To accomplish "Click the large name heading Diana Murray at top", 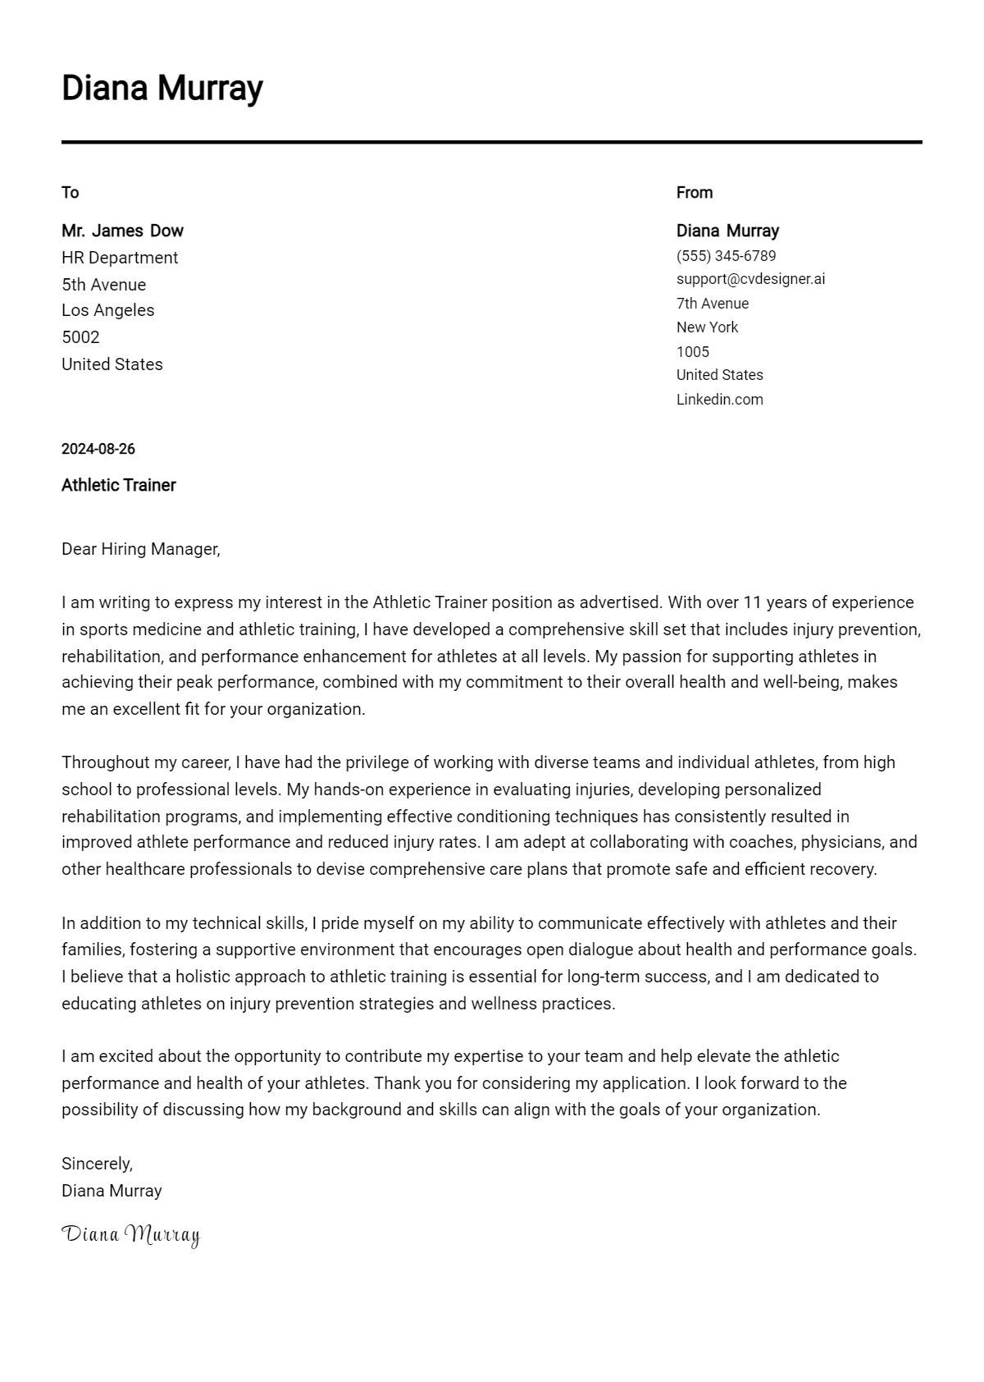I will tap(162, 88).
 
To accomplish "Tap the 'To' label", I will tap(70, 193).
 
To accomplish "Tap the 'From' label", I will tap(694, 193).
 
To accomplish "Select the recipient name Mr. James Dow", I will tap(122, 231).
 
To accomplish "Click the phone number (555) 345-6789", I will tap(726, 256).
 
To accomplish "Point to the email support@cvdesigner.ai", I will tap(750, 279).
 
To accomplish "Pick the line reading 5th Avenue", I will tap(103, 285).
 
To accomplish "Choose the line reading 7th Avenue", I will tap(712, 304).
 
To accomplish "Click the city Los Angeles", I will tap(107, 310).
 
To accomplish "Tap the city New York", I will tap(707, 327).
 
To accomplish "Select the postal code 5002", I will tap(80, 337).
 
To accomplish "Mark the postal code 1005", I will tap(692, 352).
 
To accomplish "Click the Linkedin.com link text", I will tap(719, 400).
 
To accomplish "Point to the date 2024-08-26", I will tap(98, 449).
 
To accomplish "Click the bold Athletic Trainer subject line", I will tap(118, 485).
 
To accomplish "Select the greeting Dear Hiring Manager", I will tap(140, 549).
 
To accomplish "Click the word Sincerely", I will tap(97, 1164).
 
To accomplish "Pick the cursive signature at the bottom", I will tap(130, 1234).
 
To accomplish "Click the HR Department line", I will tap(119, 258).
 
